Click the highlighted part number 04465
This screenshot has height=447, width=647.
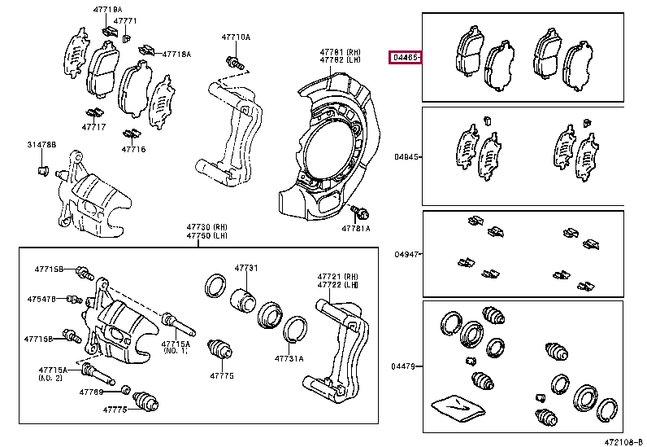[405, 57]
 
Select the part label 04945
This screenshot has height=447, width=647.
[406, 156]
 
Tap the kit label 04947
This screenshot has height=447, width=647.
[406, 254]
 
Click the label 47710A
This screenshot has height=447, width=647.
[236, 37]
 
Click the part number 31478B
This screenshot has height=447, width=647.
[41, 144]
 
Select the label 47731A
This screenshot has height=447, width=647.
[289, 358]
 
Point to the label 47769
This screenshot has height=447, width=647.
[91, 392]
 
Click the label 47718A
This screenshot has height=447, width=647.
[176, 54]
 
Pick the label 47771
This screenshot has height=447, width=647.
[125, 20]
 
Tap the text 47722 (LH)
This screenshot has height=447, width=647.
[338, 285]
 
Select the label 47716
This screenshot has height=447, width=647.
[133, 149]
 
